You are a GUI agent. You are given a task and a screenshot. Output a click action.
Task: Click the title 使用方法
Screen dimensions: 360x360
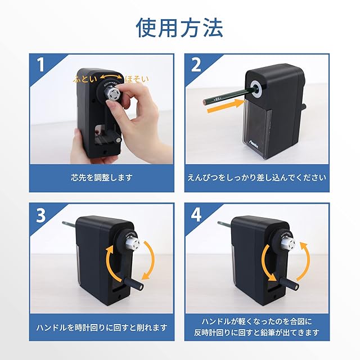click(179, 28)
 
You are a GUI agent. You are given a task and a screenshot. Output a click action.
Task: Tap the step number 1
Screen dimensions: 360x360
click(41, 65)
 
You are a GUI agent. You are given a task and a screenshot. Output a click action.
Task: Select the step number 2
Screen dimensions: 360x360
click(196, 65)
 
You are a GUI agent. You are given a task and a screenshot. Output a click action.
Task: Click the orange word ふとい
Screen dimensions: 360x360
click(85, 79)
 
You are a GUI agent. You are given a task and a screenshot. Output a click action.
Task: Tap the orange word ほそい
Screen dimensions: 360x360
click(137, 79)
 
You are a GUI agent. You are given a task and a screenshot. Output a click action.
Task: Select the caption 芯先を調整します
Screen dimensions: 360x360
click(102, 178)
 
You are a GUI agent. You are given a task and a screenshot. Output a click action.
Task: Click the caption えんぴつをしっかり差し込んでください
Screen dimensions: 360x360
click(257, 178)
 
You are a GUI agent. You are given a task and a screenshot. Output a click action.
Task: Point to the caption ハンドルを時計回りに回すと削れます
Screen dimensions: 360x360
click(102, 328)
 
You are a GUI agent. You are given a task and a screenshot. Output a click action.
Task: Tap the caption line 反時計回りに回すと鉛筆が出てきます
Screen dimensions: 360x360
click(256, 332)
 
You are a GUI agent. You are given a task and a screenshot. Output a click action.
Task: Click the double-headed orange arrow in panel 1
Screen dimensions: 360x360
click(111, 76)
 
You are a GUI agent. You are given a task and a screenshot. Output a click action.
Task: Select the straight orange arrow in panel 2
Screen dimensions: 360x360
click(226, 106)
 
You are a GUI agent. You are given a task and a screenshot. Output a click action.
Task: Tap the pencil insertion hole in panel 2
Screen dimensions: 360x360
click(257, 88)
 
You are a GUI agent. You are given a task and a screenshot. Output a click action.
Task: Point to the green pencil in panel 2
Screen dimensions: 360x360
click(228, 96)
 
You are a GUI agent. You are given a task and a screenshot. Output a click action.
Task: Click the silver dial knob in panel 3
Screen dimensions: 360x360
click(133, 244)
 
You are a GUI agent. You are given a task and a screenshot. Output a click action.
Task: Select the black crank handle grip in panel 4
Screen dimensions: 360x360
click(289, 283)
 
